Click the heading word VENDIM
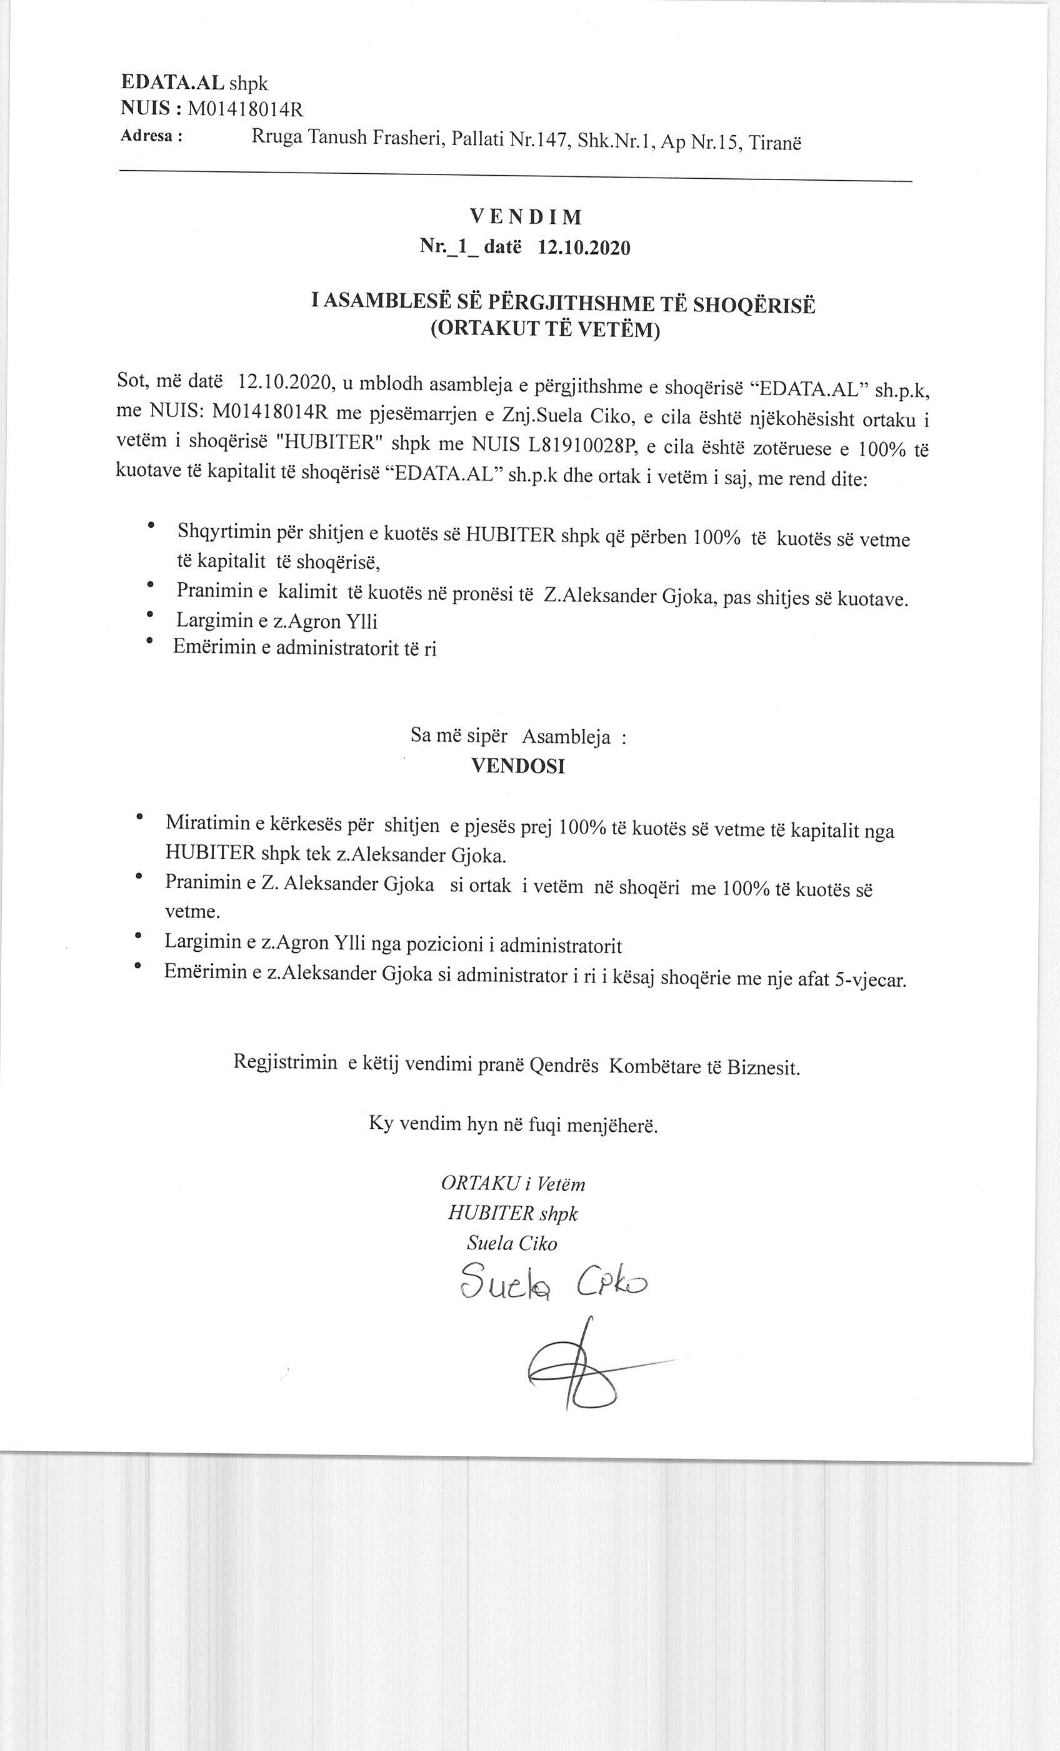(526, 217)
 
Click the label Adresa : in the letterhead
(151, 136)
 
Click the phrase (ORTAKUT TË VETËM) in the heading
(545, 330)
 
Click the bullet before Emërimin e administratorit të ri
(149, 641)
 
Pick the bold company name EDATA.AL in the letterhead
(172, 83)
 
